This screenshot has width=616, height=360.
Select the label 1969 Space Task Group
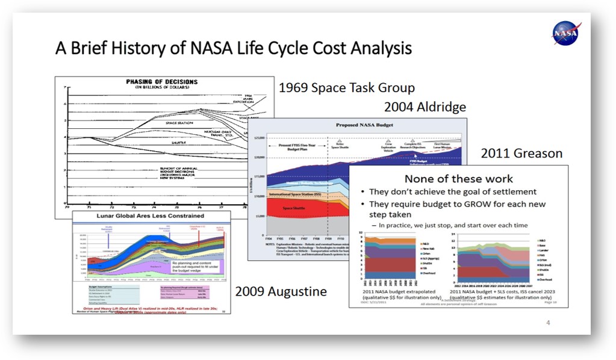click(x=346, y=88)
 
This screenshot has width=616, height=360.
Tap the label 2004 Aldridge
click(x=425, y=107)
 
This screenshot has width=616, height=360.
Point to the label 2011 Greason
click(x=521, y=154)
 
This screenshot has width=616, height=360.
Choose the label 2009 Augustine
click(x=281, y=292)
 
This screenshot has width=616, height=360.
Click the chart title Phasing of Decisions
click(x=158, y=82)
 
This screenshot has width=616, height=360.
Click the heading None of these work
click(x=458, y=179)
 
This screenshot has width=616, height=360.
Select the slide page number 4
click(x=548, y=323)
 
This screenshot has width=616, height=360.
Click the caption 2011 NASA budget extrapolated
click(x=397, y=291)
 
